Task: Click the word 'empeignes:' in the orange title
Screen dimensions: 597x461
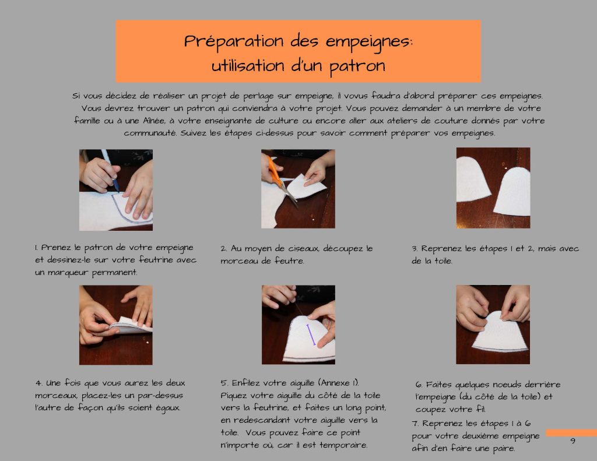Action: coord(368,42)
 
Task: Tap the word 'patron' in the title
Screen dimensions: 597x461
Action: coord(357,66)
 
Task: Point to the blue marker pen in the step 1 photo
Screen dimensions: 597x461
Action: coord(110,170)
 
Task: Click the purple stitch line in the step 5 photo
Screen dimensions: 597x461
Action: coord(311,335)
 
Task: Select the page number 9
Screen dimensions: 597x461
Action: coord(573,441)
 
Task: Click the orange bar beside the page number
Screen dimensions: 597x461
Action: coord(571,433)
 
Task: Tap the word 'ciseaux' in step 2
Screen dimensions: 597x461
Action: coord(303,249)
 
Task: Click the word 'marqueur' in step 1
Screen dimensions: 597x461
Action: coord(69,273)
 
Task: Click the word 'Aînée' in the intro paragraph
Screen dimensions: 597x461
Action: coord(154,121)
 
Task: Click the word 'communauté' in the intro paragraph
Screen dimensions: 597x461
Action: coord(150,133)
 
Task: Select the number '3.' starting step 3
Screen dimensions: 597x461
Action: coord(415,249)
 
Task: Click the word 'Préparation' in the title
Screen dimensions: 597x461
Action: coord(234,41)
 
